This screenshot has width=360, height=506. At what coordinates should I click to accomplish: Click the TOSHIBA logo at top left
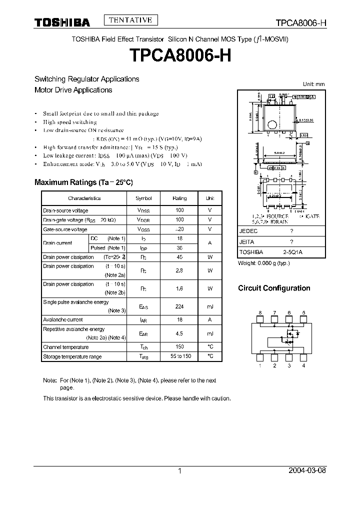pos(62,22)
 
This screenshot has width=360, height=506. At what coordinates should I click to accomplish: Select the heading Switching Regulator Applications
pos(86,79)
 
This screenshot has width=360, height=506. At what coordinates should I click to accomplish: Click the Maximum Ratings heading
pos(83,182)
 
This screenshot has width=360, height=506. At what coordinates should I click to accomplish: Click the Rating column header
pos(179,198)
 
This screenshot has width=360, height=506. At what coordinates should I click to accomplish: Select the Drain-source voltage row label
pos(65,210)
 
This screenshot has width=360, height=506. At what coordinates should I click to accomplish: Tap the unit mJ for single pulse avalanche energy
pos(210,306)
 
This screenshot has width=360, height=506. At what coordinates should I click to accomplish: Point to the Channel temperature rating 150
pos(179,346)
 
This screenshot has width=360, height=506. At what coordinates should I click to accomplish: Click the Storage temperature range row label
pos(72,356)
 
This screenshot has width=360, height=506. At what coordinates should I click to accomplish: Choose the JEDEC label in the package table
pos(248,231)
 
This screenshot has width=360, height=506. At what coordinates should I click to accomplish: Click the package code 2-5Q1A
pos(292,252)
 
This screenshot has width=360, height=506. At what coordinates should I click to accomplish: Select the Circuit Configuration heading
pos(274,288)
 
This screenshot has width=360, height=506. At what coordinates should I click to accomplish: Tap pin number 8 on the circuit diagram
pos(260,313)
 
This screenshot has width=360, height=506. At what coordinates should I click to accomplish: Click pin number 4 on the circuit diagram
pos(303,366)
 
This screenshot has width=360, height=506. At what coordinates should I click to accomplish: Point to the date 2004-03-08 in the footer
pos(306,471)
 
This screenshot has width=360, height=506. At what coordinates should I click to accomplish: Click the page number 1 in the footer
pos(179,471)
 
